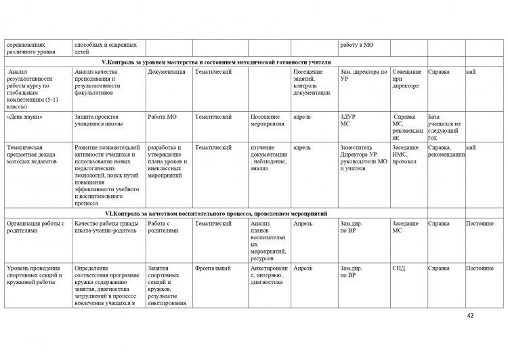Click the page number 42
[471, 316]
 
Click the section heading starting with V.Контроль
[253, 61]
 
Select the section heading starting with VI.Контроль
[253, 214]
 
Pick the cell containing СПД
[400, 268]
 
